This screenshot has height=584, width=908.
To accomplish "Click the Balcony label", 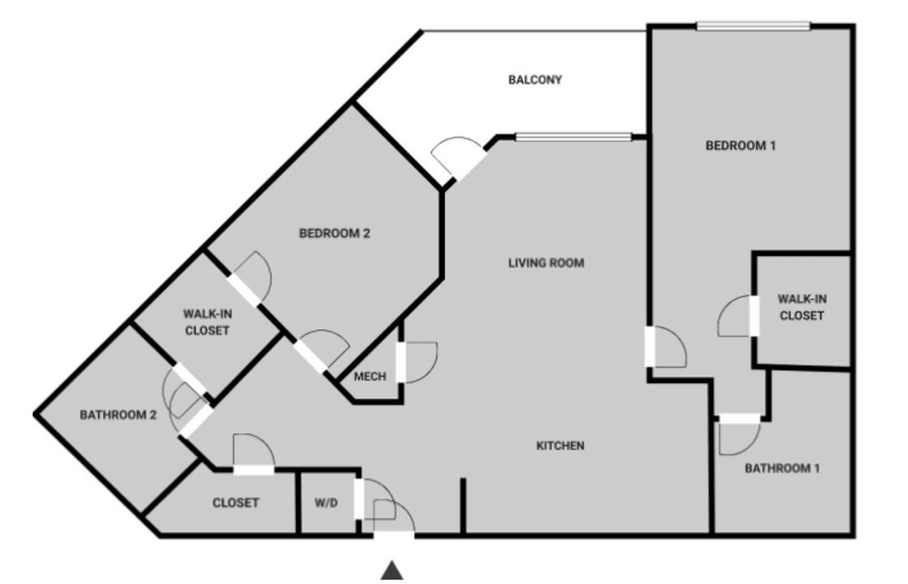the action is click(x=535, y=79).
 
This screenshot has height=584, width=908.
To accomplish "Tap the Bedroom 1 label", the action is click(x=740, y=146).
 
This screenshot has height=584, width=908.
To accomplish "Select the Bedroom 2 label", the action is click(x=334, y=234).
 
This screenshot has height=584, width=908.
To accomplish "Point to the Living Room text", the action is click(x=546, y=263).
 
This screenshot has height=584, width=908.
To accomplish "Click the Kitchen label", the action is click(x=560, y=445).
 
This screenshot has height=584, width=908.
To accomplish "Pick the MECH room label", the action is click(x=369, y=377).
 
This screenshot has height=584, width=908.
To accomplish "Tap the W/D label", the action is click(x=326, y=503).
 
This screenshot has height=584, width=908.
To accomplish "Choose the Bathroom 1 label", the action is click(x=781, y=468).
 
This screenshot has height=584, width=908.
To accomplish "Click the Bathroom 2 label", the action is click(x=118, y=415).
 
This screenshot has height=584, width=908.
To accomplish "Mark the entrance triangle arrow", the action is click(x=392, y=570).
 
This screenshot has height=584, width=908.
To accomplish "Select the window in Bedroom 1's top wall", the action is click(x=753, y=26).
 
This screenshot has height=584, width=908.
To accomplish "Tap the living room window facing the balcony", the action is click(x=574, y=137).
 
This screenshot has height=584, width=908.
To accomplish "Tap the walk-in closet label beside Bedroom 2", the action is click(x=207, y=322).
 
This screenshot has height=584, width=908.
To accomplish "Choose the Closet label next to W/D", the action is click(x=235, y=503).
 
